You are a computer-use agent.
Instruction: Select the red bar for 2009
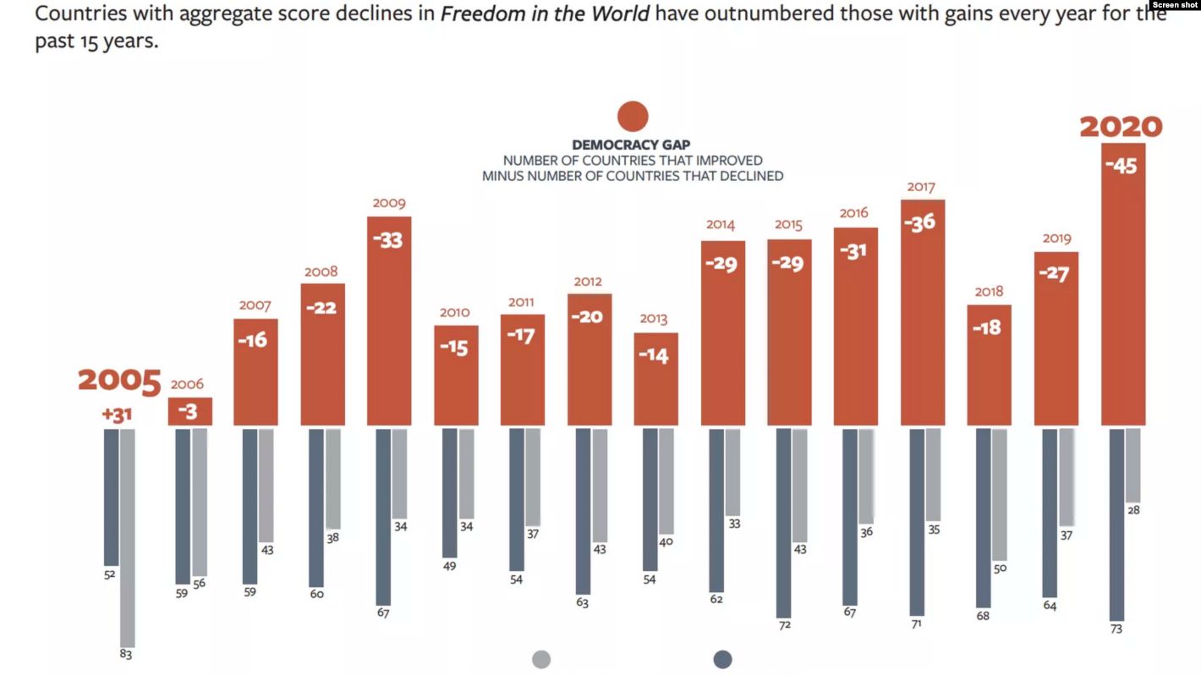click(389, 321)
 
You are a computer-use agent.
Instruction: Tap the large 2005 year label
click(119, 381)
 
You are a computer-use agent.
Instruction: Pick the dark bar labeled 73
click(1116, 524)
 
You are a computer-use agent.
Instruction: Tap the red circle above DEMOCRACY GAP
click(633, 116)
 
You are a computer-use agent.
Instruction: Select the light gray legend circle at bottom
click(541, 660)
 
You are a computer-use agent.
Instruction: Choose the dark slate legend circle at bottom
click(722, 660)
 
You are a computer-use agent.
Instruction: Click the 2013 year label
click(654, 319)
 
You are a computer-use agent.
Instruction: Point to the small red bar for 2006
click(189, 411)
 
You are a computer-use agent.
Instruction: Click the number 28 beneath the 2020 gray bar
click(1134, 510)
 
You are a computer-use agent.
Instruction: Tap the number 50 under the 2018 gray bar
click(1001, 568)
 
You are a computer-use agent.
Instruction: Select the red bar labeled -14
click(655, 379)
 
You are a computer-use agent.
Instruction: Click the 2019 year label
click(1056, 239)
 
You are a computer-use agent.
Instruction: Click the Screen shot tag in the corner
click(1175, 5)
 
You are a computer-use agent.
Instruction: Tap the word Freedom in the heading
click(478, 14)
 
